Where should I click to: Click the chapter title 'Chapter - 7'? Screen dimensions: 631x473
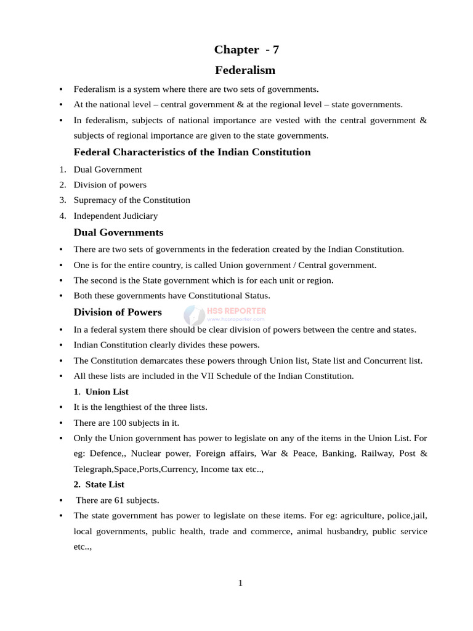pos(246,49)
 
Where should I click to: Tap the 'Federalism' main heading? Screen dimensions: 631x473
pos(245,70)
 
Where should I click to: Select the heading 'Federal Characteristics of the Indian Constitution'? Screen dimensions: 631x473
pos(192,152)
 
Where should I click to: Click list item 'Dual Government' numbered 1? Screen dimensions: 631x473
pos(108,169)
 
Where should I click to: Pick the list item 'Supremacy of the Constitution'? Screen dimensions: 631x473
pos(132,200)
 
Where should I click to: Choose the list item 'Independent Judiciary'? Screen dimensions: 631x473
pos(116,216)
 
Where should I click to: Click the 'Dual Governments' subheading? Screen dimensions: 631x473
pos(118,232)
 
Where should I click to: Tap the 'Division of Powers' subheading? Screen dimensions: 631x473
pos(118,312)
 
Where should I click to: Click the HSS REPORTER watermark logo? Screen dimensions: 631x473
pos(225,314)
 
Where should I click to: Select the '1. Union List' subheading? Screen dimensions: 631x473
pos(101,392)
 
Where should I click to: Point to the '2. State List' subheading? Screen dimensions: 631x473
pos(99,484)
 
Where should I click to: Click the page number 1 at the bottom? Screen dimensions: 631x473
pos(240,583)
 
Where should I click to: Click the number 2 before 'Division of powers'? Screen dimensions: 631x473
pos(62,185)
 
